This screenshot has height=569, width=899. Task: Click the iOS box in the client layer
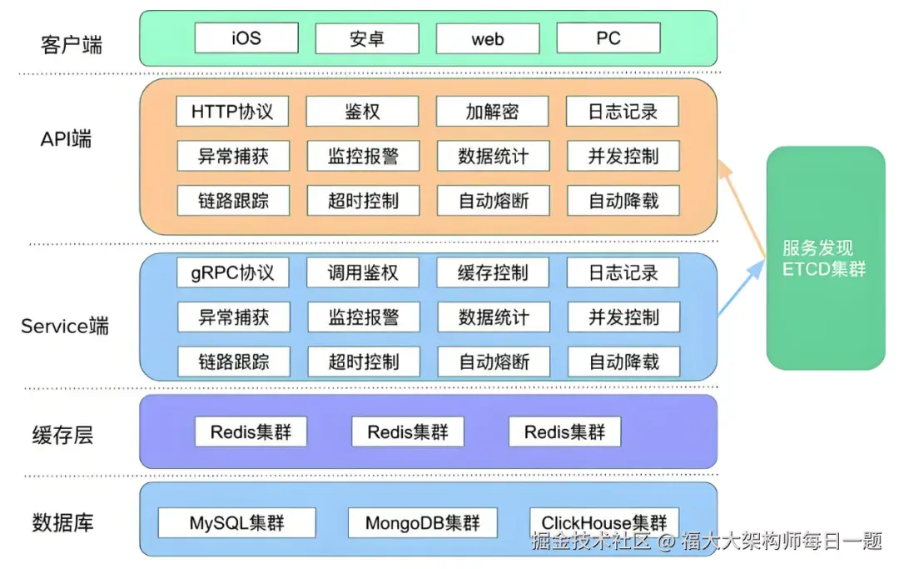[x=246, y=38]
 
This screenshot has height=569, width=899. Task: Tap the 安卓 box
[x=367, y=38]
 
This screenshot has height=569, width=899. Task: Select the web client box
[x=488, y=38]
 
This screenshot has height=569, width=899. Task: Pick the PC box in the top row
[x=608, y=38]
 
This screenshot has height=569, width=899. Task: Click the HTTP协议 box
[x=232, y=112]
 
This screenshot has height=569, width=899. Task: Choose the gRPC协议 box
[x=232, y=272]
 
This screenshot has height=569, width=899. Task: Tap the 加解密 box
[x=493, y=112]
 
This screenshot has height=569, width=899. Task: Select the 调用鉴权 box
[x=363, y=272]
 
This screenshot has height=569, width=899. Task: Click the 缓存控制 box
[x=493, y=272]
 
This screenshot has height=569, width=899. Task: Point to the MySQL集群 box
[x=237, y=523]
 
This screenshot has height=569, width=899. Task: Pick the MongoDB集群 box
[x=423, y=523]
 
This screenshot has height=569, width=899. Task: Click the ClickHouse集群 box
[x=604, y=522]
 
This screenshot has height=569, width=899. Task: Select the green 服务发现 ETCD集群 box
[x=825, y=258]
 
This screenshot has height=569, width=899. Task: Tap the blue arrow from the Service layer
[x=741, y=287]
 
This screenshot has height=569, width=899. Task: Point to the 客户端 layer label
[x=72, y=44]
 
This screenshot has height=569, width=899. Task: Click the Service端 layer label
[x=65, y=326]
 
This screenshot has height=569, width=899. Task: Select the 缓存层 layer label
[x=62, y=434]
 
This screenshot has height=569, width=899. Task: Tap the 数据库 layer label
[x=62, y=523]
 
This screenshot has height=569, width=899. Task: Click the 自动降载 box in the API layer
[x=623, y=201]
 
